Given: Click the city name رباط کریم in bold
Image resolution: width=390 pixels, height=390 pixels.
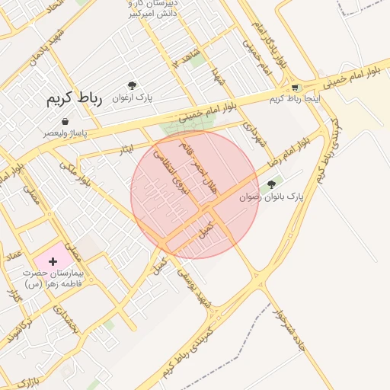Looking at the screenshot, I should [x=74, y=98].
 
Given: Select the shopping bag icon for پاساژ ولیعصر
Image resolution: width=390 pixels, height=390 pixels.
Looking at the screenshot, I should [x=65, y=121].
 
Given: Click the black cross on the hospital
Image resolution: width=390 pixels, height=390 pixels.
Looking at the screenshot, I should [x=53, y=261].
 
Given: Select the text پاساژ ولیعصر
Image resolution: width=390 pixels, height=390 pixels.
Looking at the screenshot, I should [x=66, y=133].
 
